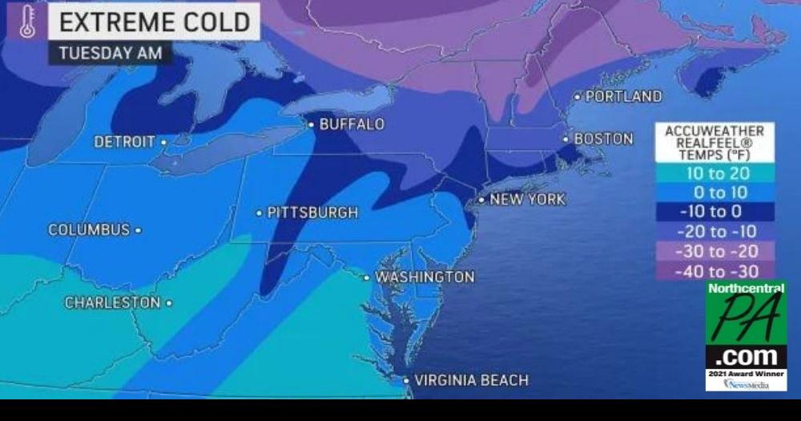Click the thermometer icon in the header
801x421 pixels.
(x=27, y=22)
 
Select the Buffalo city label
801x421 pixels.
(x=352, y=124)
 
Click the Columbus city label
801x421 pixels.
(x=89, y=229)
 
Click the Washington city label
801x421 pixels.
(x=425, y=277)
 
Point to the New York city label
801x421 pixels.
(x=527, y=199)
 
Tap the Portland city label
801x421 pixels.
(x=624, y=96)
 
